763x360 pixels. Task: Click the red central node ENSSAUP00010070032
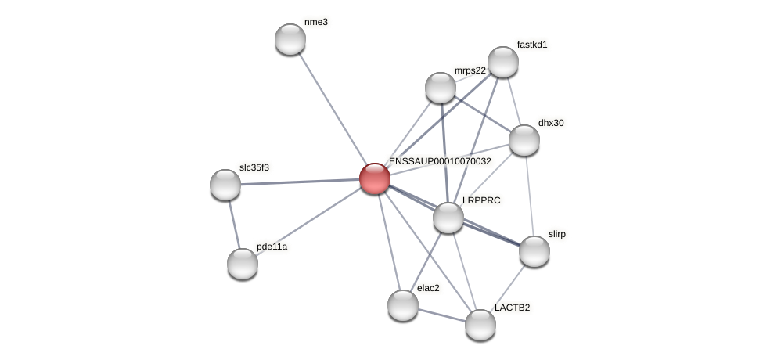(x=375, y=178)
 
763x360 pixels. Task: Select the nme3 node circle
(x=290, y=39)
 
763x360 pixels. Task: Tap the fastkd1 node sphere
(x=503, y=62)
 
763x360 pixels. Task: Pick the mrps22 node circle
(x=441, y=87)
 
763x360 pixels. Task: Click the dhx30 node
(x=524, y=140)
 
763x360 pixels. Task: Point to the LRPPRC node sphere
(x=448, y=217)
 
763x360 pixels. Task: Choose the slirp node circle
(x=534, y=251)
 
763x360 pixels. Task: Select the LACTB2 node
(x=480, y=324)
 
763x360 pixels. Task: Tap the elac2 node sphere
(x=403, y=304)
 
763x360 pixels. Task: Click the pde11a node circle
(x=243, y=263)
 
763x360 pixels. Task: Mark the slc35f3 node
(x=225, y=185)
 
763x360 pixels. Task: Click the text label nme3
(x=316, y=22)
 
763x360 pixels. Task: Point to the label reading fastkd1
(x=532, y=45)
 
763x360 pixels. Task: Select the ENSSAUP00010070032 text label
(x=440, y=161)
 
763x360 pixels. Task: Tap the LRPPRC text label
(x=481, y=200)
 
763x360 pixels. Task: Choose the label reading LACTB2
(x=512, y=308)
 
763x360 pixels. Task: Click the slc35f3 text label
(x=254, y=167)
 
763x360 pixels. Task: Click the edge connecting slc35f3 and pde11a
(x=234, y=224)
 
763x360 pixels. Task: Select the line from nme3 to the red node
(x=333, y=109)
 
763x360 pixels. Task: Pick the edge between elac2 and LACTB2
(x=441, y=314)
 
